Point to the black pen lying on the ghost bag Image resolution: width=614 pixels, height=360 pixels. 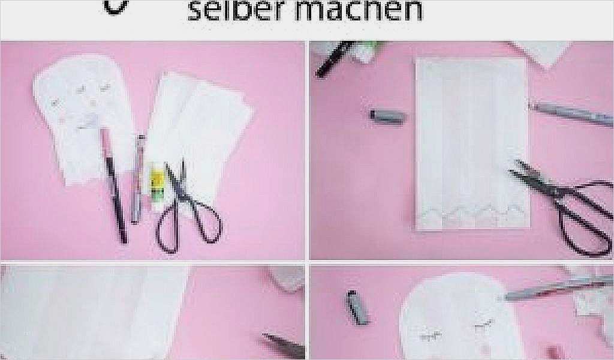pos(114,186)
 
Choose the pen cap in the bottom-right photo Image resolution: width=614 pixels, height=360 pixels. pos(355,307)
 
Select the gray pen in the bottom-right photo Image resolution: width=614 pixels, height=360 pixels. pos(552,287)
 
